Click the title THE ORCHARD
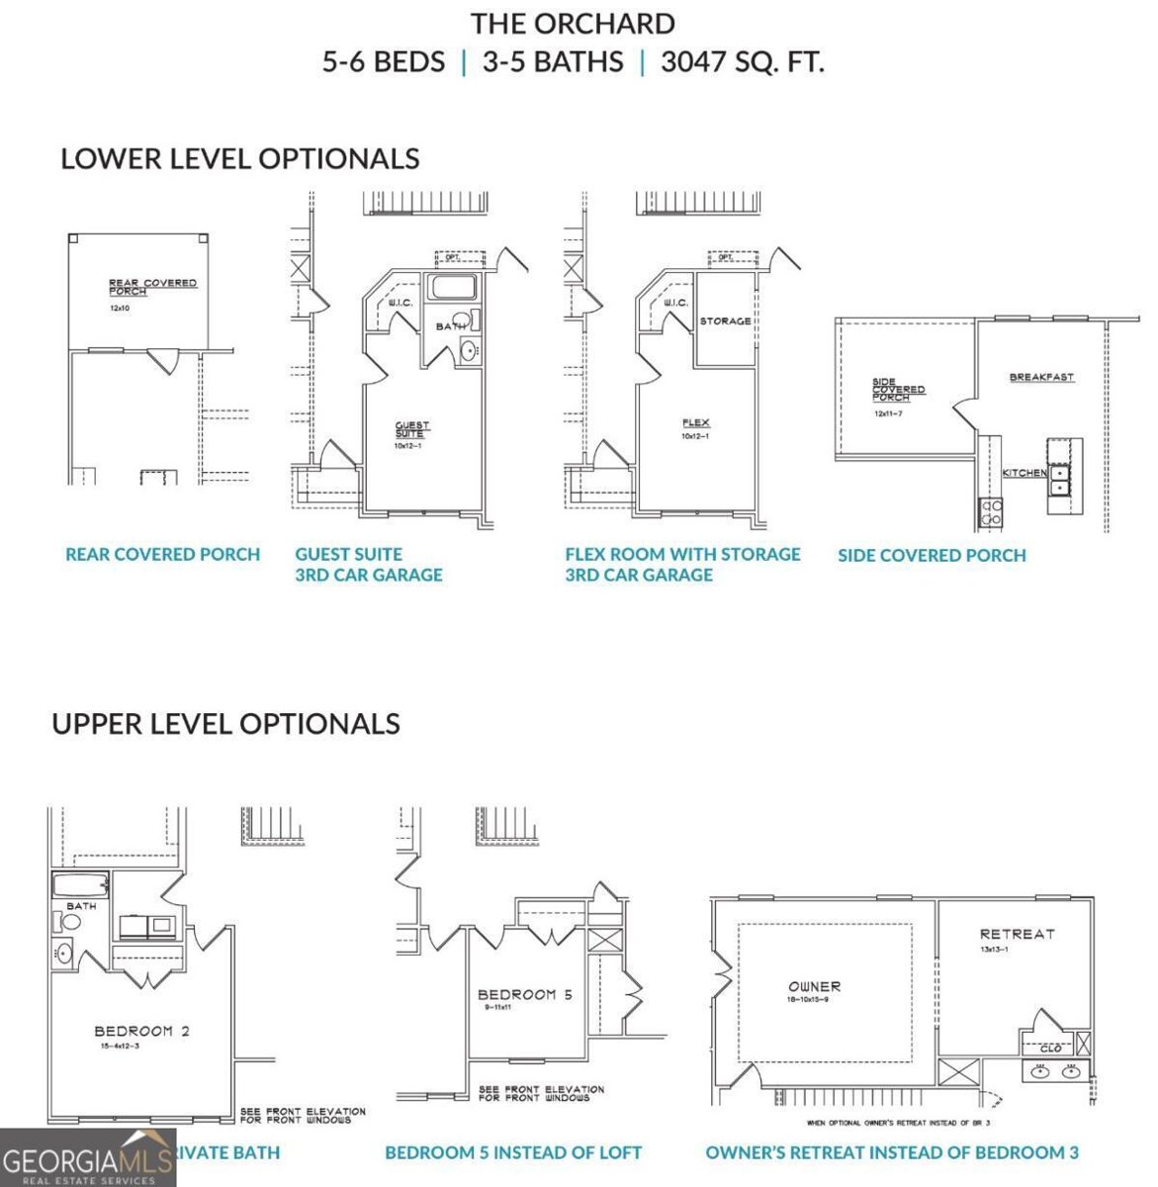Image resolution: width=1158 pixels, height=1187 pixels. [573, 24]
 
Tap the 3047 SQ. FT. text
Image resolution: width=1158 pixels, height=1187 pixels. [742, 62]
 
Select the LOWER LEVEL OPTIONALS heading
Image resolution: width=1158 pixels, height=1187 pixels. [240, 158]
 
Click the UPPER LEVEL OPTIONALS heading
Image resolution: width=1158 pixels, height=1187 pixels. [225, 723]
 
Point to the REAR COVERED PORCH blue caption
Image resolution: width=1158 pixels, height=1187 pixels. [163, 555]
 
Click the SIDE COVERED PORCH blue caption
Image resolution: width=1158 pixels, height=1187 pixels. [932, 556]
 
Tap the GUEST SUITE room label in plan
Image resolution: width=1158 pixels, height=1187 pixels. [412, 430]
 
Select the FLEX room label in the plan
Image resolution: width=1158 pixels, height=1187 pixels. [695, 423]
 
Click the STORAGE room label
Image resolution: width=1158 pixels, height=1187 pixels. [725, 321]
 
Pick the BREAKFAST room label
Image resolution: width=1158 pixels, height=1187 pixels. [1041, 378]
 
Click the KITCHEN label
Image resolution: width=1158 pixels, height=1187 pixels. [1024, 473]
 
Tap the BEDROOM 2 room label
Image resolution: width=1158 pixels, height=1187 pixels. [141, 1031]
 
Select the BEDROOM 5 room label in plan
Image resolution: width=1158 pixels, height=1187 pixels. [524, 995]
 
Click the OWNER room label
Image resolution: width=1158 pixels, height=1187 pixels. [814, 986]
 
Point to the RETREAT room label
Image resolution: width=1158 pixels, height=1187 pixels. [1017, 934]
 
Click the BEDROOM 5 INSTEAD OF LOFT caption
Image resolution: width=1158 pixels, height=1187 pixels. [513, 1152]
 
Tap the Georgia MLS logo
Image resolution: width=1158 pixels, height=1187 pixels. [88, 1158]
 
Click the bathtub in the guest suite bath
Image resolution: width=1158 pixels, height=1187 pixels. [453, 290]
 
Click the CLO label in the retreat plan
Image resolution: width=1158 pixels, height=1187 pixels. [1050, 1048]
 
